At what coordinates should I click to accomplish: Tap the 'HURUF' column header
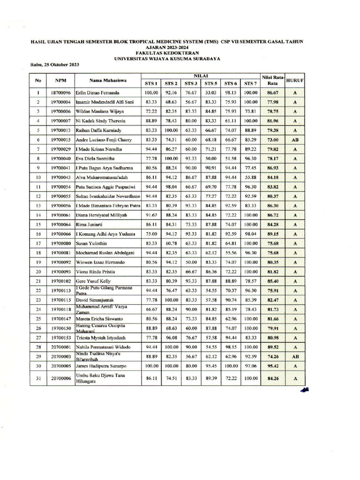[295, 80]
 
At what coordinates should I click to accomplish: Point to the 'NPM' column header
[60, 80]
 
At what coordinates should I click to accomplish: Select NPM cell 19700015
[60, 140]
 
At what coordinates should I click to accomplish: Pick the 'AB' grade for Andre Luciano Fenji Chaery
[295, 140]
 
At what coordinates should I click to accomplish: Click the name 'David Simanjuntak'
[96, 300]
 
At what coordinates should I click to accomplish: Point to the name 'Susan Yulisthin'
[94, 243]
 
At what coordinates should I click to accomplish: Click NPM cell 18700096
[60, 93]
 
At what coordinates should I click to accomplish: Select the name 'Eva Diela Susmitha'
[97, 158]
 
